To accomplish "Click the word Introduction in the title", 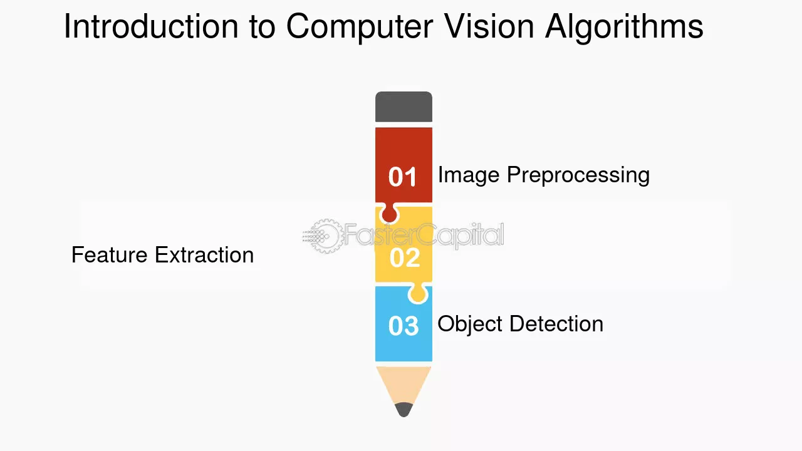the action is tap(151, 26).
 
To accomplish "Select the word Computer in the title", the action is tap(360, 28).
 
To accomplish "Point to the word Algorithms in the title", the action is tap(623, 28).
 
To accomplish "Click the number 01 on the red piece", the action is tap(403, 177).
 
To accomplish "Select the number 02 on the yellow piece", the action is tap(405, 257).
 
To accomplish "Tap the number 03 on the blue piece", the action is tap(404, 326).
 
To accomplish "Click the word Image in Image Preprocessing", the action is tap(469, 175).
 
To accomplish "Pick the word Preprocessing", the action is tap(578, 175).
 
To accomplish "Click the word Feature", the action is tap(110, 255).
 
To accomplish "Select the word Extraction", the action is tap(204, 255).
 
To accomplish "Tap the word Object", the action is tap(470, 324).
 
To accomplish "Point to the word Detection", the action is tap(556, 324).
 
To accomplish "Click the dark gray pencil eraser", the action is tap(404, 106).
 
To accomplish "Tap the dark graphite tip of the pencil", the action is tap(404, 410).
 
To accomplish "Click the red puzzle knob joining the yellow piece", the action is tap(389, 214).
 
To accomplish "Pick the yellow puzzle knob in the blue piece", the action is tap(418, 294).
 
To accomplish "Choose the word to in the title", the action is tap(262, 27).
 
